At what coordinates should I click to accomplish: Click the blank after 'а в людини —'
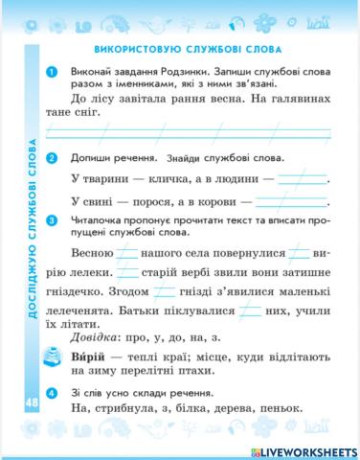[x=299, y=179]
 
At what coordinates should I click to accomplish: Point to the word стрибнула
[x=128, y=410]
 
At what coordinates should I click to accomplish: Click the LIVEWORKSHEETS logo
[x=306, y=448]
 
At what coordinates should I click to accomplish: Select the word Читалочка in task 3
[x=105, y=222]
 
